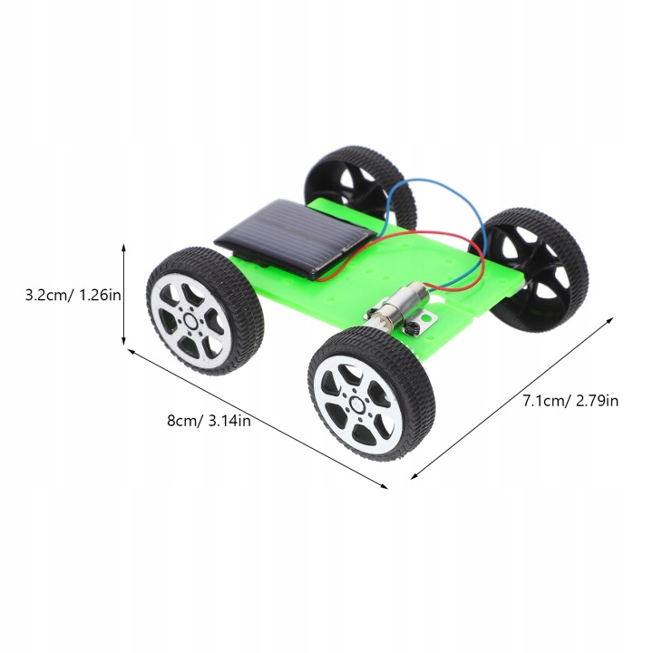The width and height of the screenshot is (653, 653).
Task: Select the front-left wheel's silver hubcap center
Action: [191, 321]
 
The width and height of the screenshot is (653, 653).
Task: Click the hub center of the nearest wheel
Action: [357, 403]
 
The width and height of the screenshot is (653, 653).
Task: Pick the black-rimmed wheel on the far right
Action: [530, 270]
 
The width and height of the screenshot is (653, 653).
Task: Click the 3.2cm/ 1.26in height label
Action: [73, 296]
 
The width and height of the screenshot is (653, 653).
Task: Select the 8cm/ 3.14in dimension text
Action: [210, 421]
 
